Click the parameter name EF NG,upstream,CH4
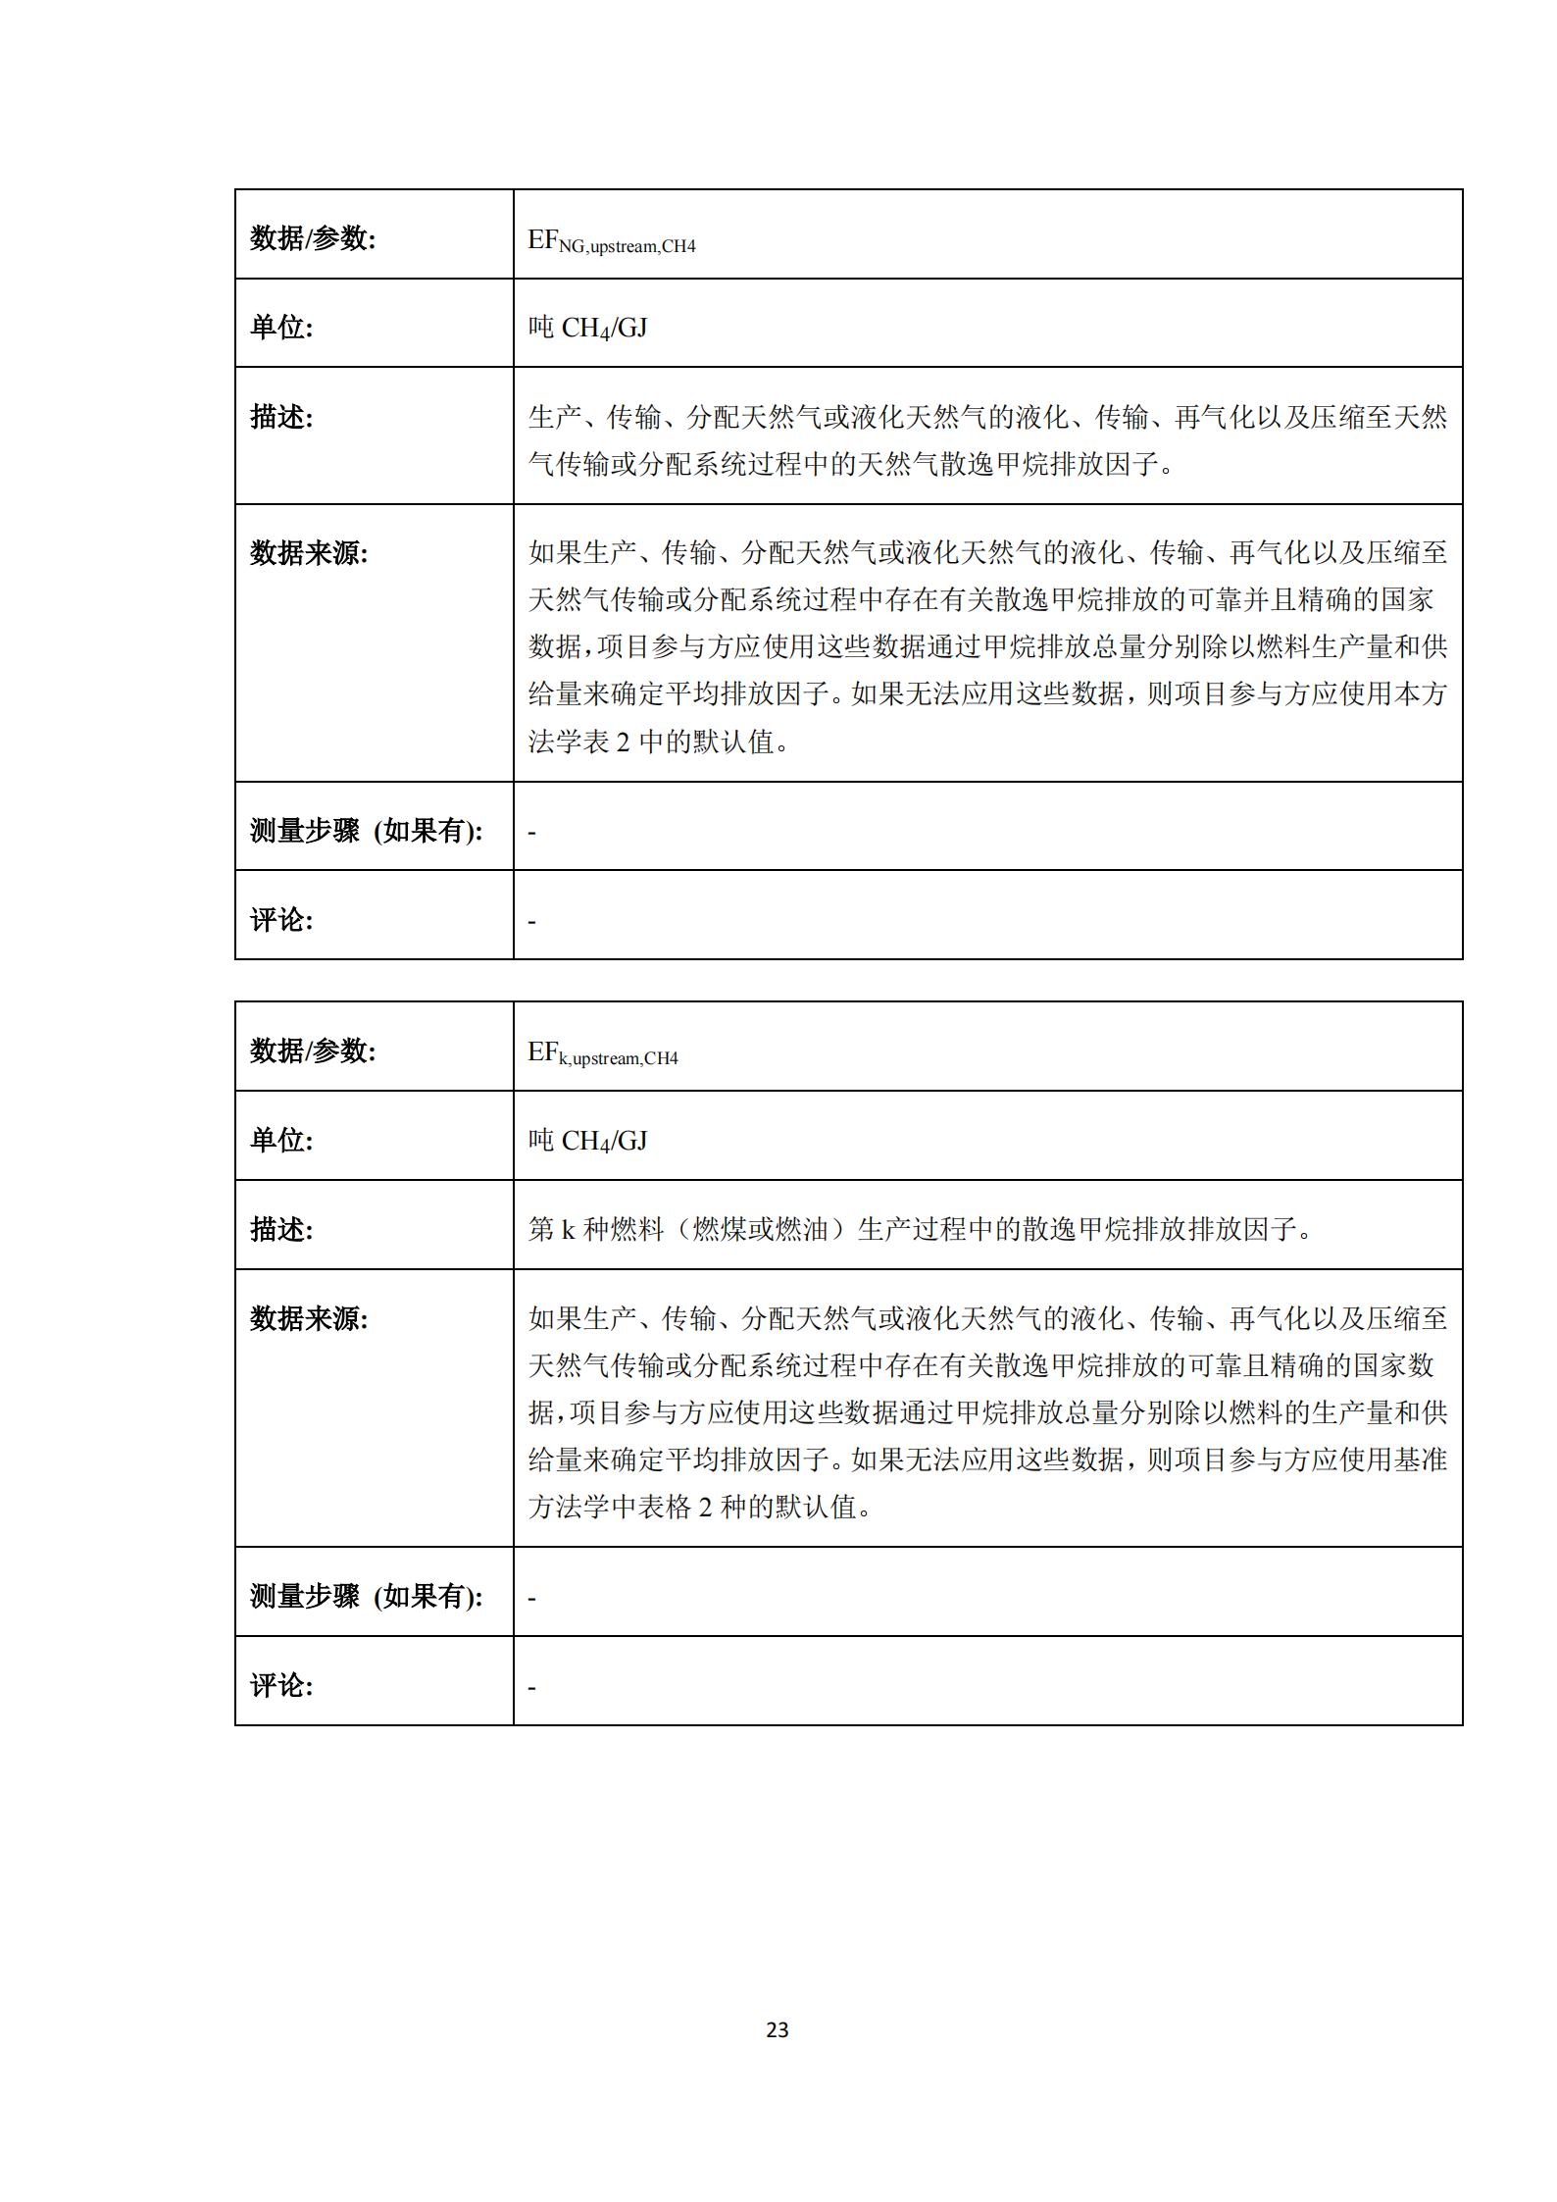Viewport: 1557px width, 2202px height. (x=612, y=241)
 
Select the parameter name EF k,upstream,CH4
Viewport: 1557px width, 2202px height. (x=603, y=1053)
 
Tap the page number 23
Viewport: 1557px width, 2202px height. (x=778, y=2029)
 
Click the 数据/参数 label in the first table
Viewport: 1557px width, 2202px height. (x=313, y=238)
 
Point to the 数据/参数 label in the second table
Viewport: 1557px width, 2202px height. (x=313, y=1050)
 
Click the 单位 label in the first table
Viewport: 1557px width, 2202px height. (x=281, y=328)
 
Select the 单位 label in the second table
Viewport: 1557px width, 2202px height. (x=281, y=1140)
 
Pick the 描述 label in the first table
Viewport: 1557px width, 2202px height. (x=281, y=417)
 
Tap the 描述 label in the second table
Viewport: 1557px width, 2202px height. (x=281, y=1229)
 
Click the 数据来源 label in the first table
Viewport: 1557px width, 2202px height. (x=309, y=553)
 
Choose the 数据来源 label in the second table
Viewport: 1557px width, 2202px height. (x=309, y=1318)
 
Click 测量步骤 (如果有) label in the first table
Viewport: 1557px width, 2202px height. (x=367, y=831)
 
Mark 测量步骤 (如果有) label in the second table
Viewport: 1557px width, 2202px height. (x=367, y=1596)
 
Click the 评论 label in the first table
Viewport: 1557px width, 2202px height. (x=281, y=920)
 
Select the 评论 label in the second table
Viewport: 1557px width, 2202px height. (x=281, y=1685)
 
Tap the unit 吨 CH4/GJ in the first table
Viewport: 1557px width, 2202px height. (x=588, y=328)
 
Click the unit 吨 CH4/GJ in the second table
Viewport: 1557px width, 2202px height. (x=588, y=1140)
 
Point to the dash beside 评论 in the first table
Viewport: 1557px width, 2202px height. (x=532, y=922)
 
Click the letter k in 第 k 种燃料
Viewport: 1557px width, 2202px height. (x=568, y=1229)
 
